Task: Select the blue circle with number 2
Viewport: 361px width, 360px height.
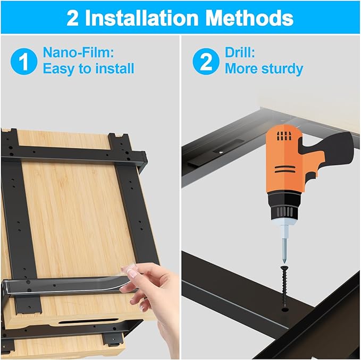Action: point(206,62)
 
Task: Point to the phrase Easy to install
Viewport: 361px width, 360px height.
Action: point(88,69)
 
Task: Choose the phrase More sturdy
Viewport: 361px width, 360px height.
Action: point(264,69)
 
